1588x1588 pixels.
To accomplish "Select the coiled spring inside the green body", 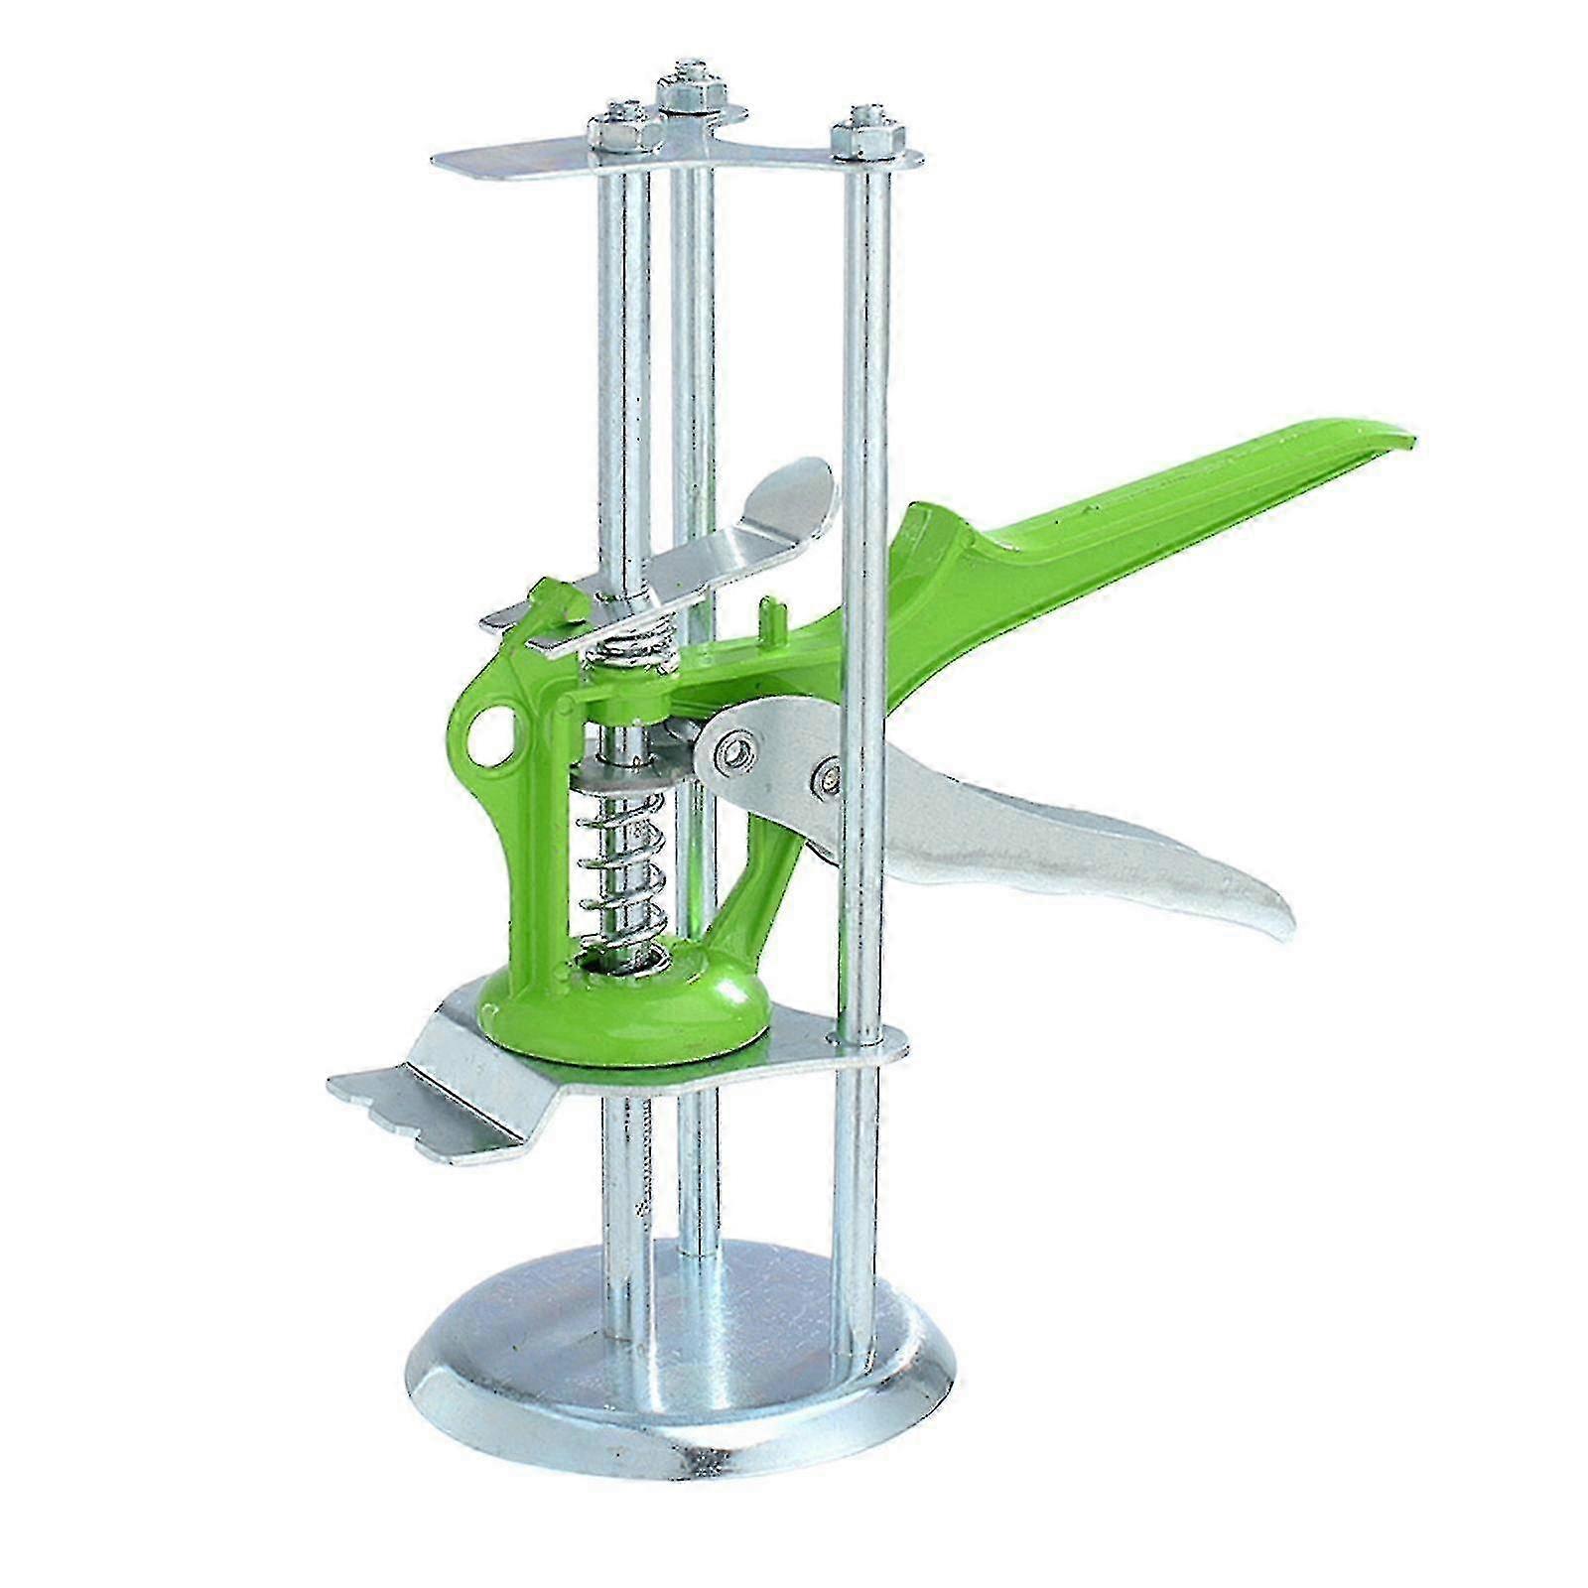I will click(x=615, y=873).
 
